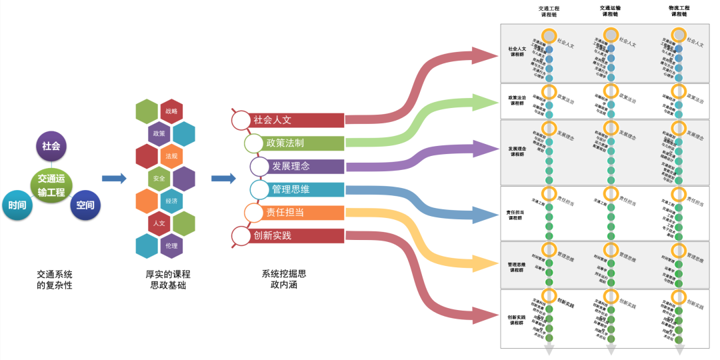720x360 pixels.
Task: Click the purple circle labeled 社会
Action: click(51, 146)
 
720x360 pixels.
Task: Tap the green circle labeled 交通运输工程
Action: click(51, 185)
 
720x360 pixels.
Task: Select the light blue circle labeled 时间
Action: click(18, 205)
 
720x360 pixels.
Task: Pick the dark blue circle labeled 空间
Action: click(85, 205)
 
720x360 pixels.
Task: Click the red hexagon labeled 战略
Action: click(171, 111)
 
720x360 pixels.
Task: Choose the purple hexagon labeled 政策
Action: click(159, 133)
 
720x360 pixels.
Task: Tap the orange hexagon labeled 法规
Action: click(171, 156)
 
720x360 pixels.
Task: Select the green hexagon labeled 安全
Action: click(159, 179)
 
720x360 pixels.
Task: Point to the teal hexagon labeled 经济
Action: click(171, 201)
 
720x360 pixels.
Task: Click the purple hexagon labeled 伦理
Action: click(171, 245)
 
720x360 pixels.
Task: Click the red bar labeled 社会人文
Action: click(297, 121)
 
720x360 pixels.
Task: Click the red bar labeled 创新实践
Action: click(297, 236)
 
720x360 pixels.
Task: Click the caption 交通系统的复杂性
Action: click(55, 279)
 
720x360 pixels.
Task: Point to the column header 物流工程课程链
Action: click(679, 11)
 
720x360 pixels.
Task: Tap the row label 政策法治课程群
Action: click(517, 101)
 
